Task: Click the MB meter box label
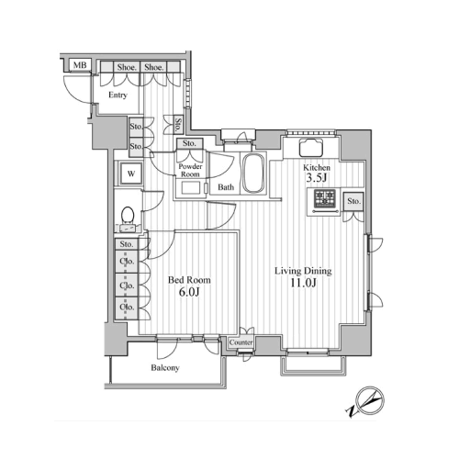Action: click(80, 65)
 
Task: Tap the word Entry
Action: click(118, 95)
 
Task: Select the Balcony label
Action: click(165, 367)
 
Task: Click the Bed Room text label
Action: click(189, 280)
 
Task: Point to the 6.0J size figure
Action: click(189, 292)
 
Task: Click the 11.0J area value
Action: click(303, 283)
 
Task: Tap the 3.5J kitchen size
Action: click(317, 178)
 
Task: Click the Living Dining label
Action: click(303, 271)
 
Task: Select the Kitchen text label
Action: click(317, 168)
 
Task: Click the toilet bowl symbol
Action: click(128, 214)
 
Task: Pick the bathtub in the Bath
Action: click(253, 173)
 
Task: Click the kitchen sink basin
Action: click(310, 148)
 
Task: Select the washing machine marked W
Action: click(131, 174)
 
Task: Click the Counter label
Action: click(241, 342)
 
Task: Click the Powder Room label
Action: click(190, 171)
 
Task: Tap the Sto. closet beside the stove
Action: click(353, 201)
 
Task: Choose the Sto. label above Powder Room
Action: click(189, 143)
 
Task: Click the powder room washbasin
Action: click(191, 187)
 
